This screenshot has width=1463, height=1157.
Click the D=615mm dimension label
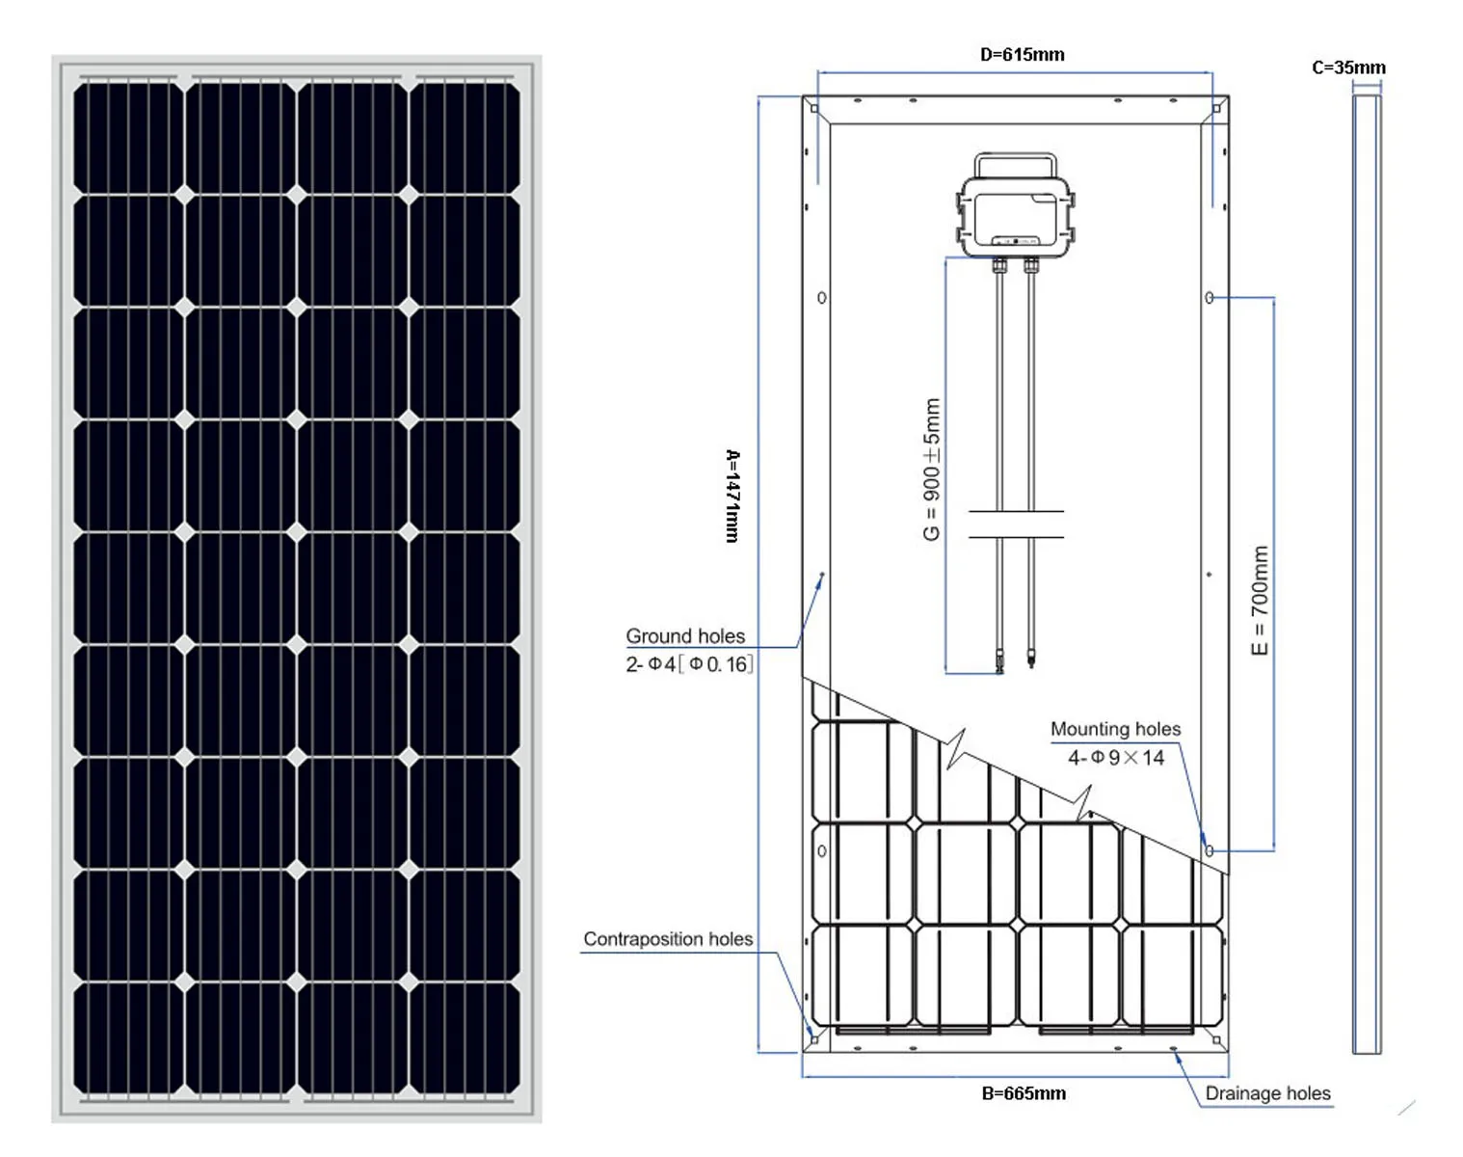pyautogui.click(x=1022, y=54)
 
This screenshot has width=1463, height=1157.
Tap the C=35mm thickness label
pyautogui.click(x=1348, y=67)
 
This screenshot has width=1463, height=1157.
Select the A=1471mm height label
pyautogui.click(x=732, y=496)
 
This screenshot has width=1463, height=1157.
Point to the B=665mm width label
pyautogui.click(x=1024, y=1093)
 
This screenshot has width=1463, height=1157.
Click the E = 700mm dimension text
pyautogui.click(x=1259, y=600)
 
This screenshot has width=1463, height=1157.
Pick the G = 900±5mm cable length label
pyautogui.click(x=932, y=470)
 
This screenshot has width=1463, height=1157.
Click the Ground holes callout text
pyautogui.click(x=684, y=636)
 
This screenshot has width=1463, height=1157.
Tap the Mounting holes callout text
pyautogui.click(x=1116, y=729)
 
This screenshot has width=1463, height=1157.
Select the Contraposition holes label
pyautogui.click(x=668, y=939)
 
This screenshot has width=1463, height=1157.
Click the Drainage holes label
pyautogui.click(x=1267, y=1093)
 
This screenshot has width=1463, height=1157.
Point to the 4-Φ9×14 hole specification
pyautogui.click(x=1116, y=758)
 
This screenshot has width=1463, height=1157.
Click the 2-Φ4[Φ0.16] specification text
pyautogui.click(x=689, y=664)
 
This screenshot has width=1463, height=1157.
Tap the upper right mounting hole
pyautogui.click(x=1209, y=297)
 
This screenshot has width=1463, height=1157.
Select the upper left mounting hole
pyautogui.click(x=822, y=297)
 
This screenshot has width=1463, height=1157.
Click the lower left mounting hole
pyautogui.click(x=822, y=850)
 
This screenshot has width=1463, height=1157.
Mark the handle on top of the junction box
pyautogui.click(x=1016, y=156)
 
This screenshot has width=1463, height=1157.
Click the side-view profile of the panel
pyautogui.click(x=1367, y=574)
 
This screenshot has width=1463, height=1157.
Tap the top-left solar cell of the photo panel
pyautogui.click(x=128, y=138)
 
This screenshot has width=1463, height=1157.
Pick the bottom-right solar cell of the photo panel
pyautogui.click(x=465, y=1038)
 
